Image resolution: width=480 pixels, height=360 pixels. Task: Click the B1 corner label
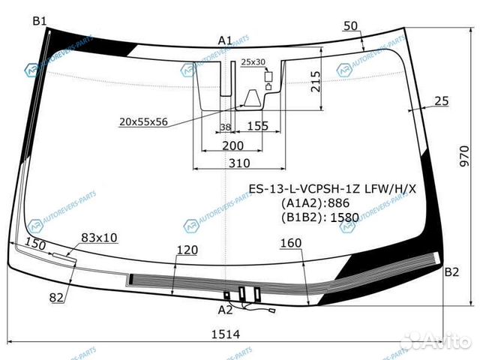click(39, 20)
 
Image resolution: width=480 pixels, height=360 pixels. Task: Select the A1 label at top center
click(225, 40)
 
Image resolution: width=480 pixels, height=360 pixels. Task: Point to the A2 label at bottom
click(225, 309)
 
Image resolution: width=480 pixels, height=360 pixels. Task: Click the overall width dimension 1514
click(225, 334)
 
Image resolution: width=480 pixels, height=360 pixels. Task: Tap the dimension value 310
click(239, 163)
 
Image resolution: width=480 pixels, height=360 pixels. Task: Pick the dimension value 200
click(232, 145)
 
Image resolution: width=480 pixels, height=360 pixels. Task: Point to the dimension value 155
click(257, 126)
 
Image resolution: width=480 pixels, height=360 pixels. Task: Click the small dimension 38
click(225, 127)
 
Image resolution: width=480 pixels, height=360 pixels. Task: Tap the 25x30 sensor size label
click(253, 61)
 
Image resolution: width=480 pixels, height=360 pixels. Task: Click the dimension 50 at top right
click(350, 26)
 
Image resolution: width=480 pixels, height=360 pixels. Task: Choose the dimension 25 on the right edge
click(441, 100)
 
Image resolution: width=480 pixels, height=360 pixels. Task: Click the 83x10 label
click(99, 238)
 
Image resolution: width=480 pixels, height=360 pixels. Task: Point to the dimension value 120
click(187, 250)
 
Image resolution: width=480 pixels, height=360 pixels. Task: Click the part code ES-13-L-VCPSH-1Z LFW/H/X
click(332, 188)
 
